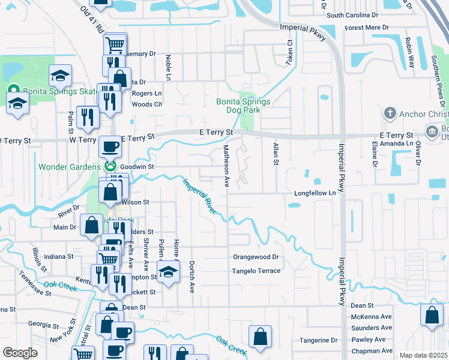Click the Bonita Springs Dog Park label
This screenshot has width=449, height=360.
(x=243, y=106)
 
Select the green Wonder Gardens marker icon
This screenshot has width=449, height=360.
(x=110, y=166)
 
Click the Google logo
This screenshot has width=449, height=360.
(x=20, y=353)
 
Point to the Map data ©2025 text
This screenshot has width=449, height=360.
(x=423, y=355)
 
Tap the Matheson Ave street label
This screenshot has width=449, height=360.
(x=227, y=166)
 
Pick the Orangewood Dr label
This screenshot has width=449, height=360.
(x=256, y=257)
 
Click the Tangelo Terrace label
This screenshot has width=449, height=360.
(x=256, y=271)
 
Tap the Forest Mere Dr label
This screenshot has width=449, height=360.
(x=367, y=28)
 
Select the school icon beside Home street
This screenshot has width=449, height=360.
(x=169, y=271)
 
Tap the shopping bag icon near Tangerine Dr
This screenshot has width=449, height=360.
(x=260, y=337)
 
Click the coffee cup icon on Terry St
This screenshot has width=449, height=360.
(x=109, y=146)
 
